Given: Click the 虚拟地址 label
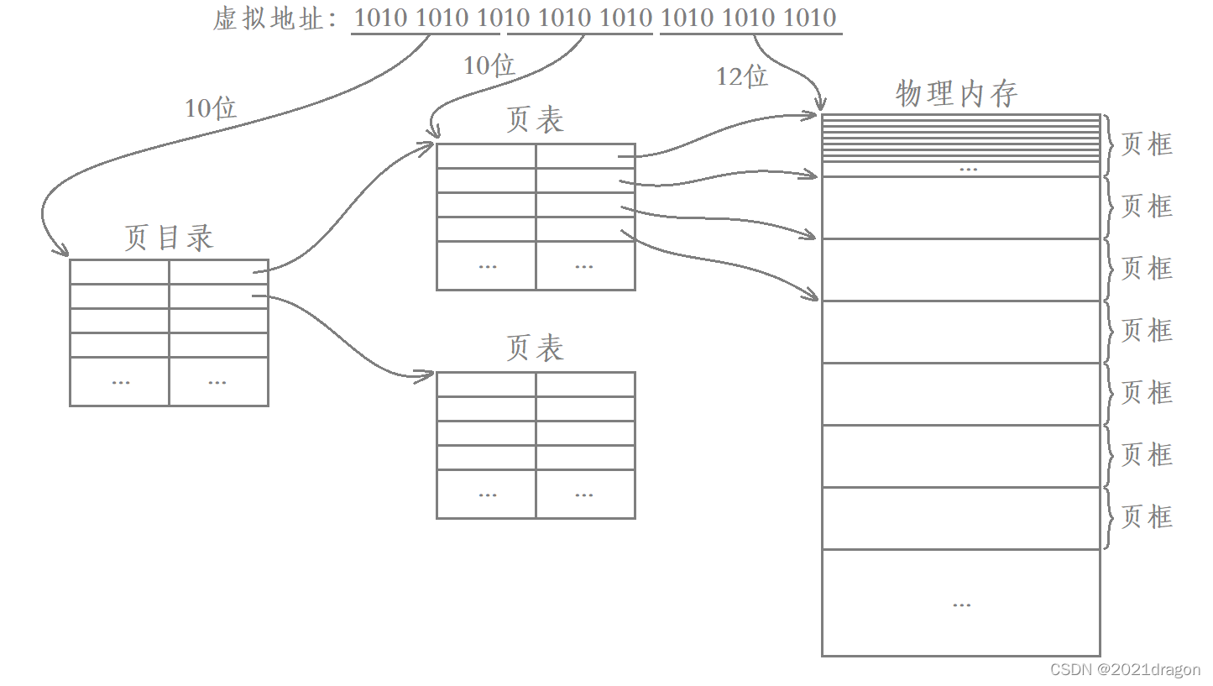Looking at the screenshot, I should click(269, 18).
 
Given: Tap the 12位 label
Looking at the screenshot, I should click(741, 76).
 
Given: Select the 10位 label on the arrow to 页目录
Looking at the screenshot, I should click(211, 107).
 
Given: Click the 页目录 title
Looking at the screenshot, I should click(169, 238).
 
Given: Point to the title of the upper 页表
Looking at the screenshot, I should click(535, 121).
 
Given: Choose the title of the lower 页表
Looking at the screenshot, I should click(535, 348).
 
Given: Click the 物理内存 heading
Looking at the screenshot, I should click(956, 93).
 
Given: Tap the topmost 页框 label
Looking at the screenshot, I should click(1147, 144).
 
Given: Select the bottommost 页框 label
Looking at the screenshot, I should click(1147, 517).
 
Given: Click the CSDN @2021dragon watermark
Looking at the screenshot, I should click(1125, 670).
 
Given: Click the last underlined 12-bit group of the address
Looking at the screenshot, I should click(749, 18).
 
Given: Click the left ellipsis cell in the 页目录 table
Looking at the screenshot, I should click(120, 381).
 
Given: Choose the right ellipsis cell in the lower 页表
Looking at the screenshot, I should click(585, 494).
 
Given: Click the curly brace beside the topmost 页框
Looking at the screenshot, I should click(1109, 145).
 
